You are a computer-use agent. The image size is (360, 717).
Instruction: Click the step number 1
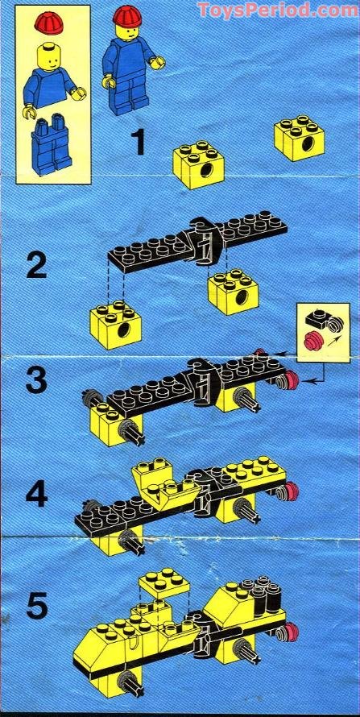point(139,143)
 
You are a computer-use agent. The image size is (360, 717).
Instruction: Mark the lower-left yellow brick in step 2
point(116,325)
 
